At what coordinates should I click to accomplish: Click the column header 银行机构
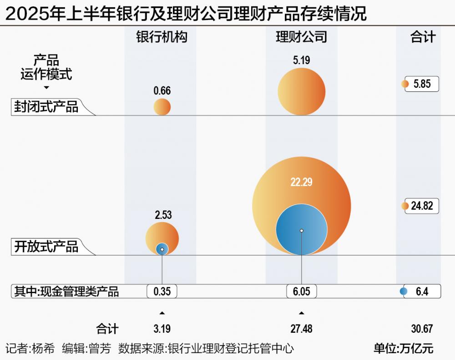click(162, 37)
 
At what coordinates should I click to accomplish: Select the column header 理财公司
click(301, 37)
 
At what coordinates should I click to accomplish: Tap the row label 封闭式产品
click(46, 107)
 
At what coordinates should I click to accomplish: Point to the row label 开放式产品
click(46, 247)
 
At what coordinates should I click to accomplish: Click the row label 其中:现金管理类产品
click(66, 291)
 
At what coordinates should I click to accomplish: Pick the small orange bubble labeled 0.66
click(162, 107)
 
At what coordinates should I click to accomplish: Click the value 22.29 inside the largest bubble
click(301, 183)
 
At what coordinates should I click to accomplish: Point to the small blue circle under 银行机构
click(162, 249)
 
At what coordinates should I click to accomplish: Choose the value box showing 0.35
click(162, 291)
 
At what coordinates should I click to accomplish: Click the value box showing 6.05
click(301, 291)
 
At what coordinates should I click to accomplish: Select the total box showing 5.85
click(422, 84)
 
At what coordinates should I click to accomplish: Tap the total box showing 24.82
click(422, 206)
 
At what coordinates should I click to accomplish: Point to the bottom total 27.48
click(301, 329)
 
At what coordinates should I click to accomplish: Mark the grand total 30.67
click(421, 329)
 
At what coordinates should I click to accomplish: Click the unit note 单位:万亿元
click(403, 349)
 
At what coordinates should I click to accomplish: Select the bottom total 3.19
click(162, 329)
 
